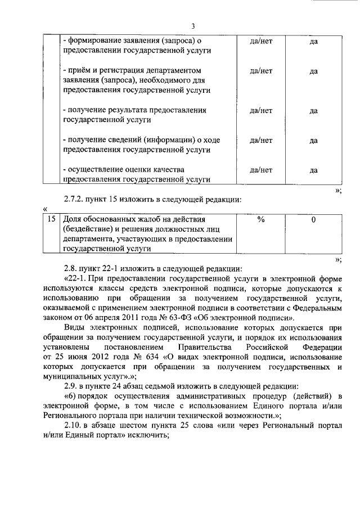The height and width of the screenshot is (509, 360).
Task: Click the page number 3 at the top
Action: click(x=192, y=26)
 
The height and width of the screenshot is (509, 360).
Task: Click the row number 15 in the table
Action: click(x=51, y=219)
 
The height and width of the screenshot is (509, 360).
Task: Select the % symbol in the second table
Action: click(x=260, y=219)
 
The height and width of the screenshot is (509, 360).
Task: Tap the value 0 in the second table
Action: click(x=313, y=219)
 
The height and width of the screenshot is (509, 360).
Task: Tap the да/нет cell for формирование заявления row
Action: click(x=260, y=41)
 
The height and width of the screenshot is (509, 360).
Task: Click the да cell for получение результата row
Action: click(x=313, y=111)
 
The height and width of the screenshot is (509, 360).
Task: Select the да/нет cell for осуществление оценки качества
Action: click(x=260, y=169)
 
